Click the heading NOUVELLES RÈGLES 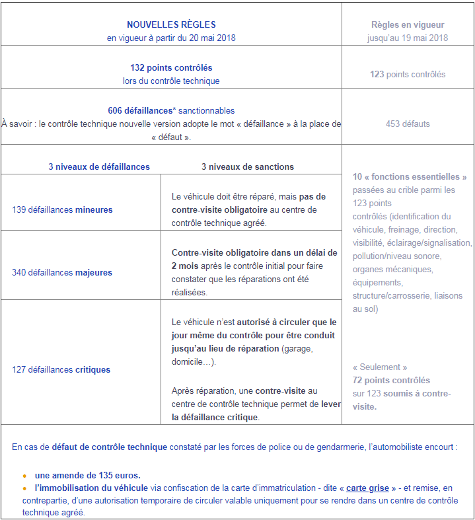coord(171,24)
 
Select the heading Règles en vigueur coord(408,24)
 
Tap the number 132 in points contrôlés coord(137,67)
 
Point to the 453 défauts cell coord(408,124)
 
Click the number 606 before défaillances coord(116,110)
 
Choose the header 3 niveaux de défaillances coord(99,167)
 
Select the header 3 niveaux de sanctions coord(248,167)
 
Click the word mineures coord(94,209)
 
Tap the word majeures coord(94,272)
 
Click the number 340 coord(19,272)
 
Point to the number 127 coord(19,369)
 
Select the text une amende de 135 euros coord(87,475)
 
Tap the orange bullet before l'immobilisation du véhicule coord(24,488)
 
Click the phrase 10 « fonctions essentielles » coord(410,176)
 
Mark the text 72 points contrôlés coord(391,380)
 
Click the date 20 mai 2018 coord(207,38)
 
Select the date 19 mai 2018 coord(421,38)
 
